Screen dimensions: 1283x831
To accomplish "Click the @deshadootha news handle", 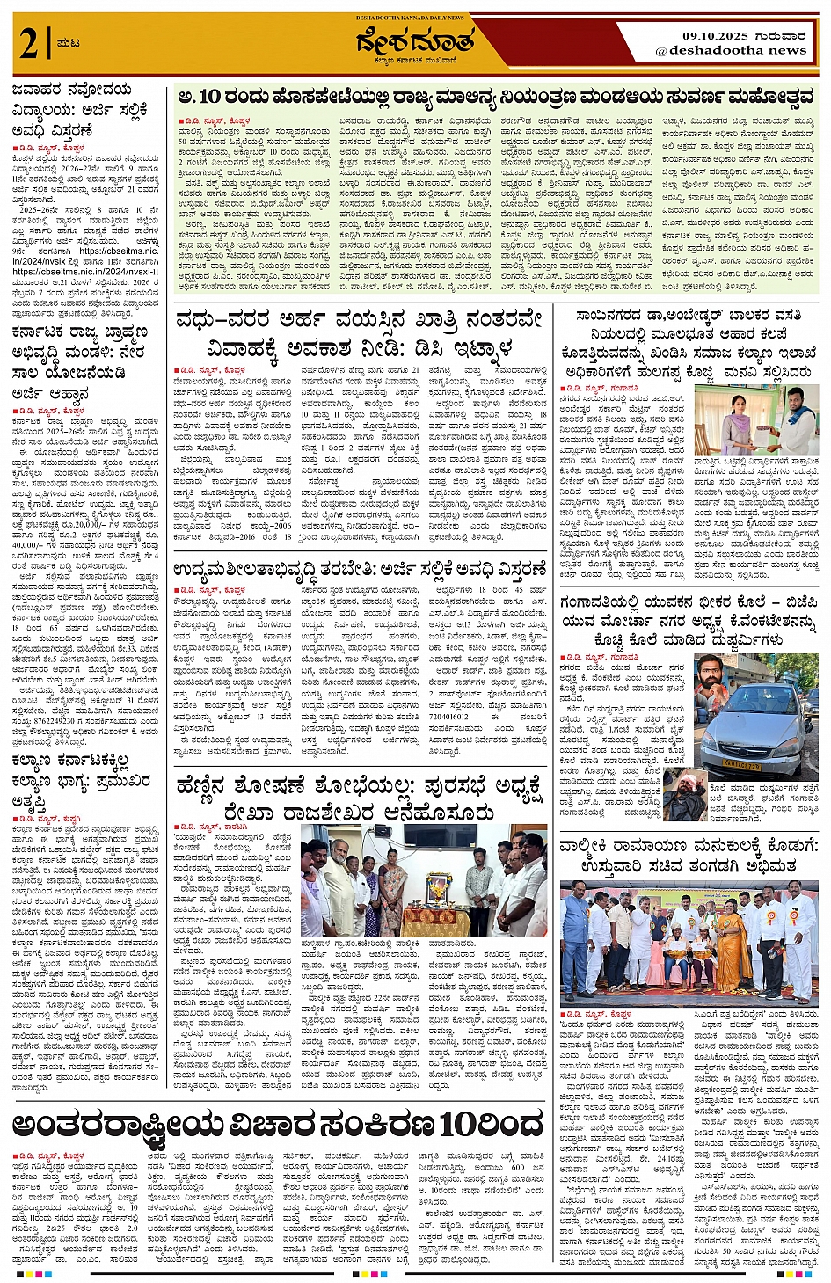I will [731, 51].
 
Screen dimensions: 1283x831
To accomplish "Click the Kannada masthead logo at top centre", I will [416, 41].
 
